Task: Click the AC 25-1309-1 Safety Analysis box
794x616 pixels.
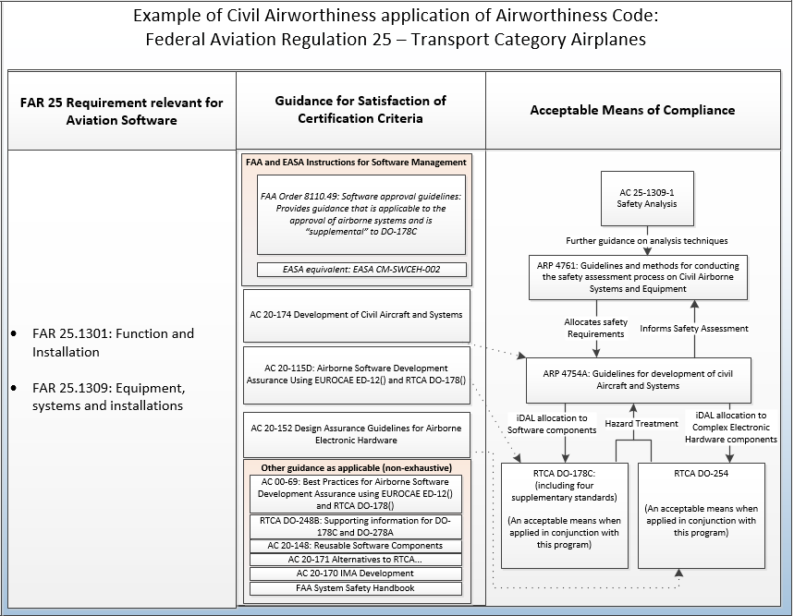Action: (x=647, y=197)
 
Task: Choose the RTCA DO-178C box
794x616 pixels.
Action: (x=564, y=514)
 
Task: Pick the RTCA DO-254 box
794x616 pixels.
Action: (x=701, y=514)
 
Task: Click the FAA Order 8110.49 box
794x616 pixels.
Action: (x=361, y=215)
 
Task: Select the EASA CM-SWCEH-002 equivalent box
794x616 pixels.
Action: (x=361, y=271)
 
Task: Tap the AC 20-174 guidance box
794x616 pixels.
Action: (x=356, y=315)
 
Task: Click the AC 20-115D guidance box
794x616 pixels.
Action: (x=356, y=374)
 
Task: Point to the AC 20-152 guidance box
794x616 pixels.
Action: (x=356, y=434)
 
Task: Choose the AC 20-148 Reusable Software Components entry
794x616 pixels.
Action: (x=355, y=546)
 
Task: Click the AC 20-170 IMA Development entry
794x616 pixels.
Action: (x=355, y=574)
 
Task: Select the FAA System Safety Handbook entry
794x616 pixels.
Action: (x=355, y=588)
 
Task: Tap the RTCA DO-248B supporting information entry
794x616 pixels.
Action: (x=355, y=526)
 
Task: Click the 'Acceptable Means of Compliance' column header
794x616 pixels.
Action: (x=632, y=110)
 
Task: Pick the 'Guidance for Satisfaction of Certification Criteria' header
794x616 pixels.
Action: (x=360, y=110)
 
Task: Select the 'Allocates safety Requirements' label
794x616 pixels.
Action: (x=596, y=328)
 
